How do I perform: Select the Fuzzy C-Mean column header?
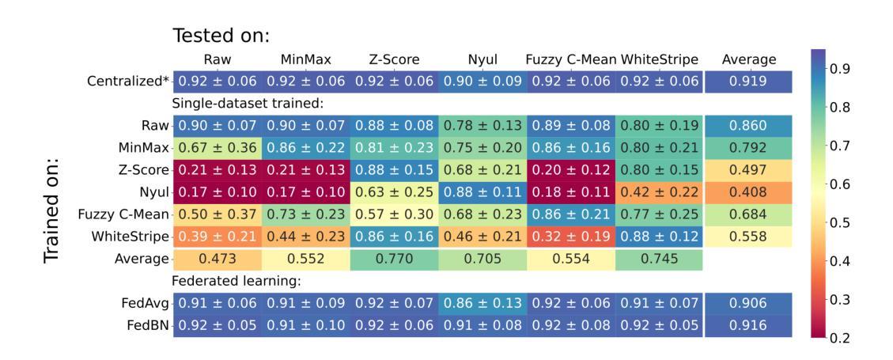coord(571,59)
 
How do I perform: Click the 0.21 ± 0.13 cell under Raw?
coord(217,169)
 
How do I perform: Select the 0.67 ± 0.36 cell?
coord(217,147)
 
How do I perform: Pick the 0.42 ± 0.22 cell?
coord(659,191)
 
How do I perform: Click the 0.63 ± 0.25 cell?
coord(394,191)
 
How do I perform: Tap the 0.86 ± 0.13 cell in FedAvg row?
coord(482,302)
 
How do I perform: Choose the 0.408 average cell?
coord(749,191)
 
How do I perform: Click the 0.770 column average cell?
coord(394,259)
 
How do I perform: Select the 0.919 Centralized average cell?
coord(749,81)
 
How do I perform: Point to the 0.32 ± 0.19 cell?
coord(570,237)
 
